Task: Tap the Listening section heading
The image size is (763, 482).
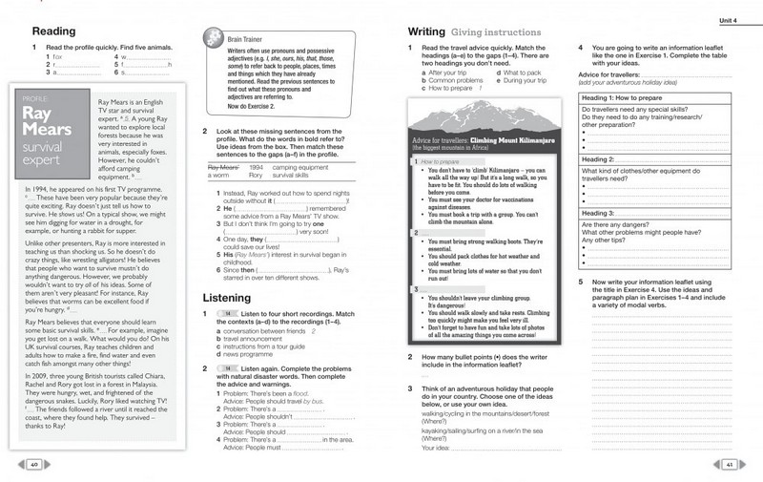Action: click(227, 298)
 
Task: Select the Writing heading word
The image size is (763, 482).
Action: click(426, 31)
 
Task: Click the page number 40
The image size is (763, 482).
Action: click(33, 465)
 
